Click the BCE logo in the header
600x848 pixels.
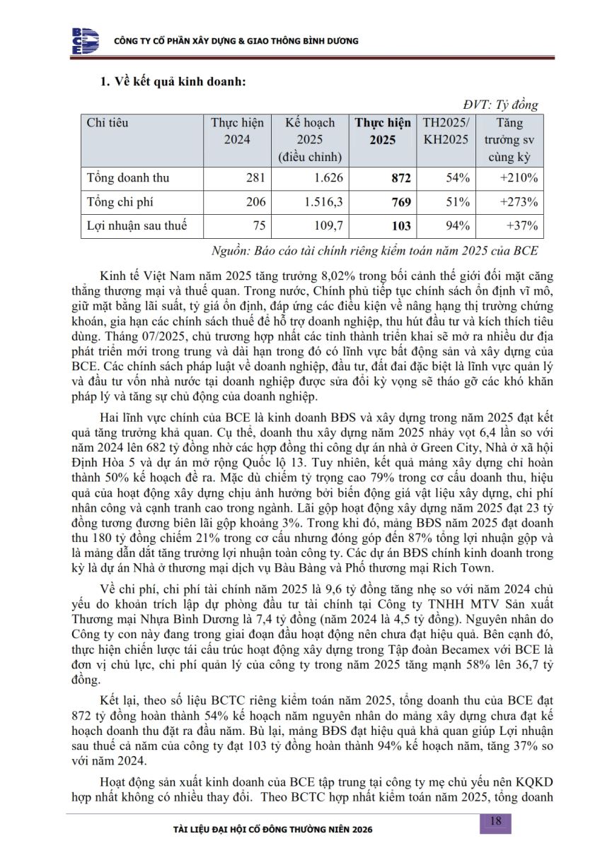84,40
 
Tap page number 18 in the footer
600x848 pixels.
495,821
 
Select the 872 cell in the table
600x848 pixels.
400,177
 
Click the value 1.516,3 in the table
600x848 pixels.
323,202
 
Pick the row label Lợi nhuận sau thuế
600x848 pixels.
137,226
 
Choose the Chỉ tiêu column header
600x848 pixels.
108,123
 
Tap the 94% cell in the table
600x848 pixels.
458,226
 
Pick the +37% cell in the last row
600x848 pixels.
524,226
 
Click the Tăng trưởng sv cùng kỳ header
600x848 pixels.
509,140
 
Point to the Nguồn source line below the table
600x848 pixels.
375,251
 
